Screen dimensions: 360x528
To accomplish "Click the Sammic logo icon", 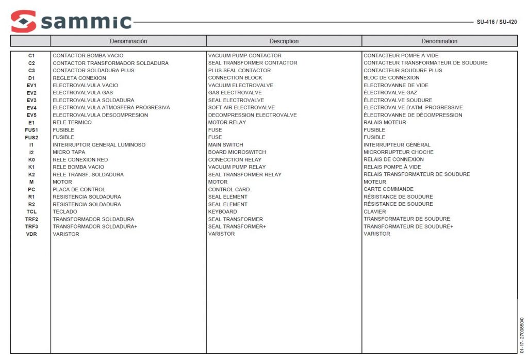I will [x=23, y=21].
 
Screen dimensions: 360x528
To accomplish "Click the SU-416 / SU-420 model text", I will [x=496, y=22].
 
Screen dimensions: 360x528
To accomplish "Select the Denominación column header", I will [x=128, y=41].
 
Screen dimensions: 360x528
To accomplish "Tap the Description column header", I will [x=284, y=41].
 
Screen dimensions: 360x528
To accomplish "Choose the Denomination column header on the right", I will [x=439, y=41].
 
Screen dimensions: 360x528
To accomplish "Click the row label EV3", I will [x=31, y=100].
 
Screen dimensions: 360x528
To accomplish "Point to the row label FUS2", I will [x=31, y=138].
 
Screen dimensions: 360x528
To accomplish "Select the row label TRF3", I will [x=31, y=226].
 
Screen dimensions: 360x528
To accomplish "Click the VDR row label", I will [x=31, y=234].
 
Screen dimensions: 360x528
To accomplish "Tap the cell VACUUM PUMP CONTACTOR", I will [x=245, y=56].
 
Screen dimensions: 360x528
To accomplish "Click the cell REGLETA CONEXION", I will [x=79, y=78].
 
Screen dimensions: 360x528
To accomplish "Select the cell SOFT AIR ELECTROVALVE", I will [x=241, y=108].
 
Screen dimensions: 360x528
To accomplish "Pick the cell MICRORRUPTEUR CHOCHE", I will [x=399, y=152].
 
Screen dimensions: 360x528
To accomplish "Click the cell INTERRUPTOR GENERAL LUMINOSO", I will [x=99, y=145].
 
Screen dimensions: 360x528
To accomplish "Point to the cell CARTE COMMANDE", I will [x=388, y=189].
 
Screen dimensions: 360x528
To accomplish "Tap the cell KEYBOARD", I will [x=223, y=211].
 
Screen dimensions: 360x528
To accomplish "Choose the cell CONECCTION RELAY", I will [x=235, y=160].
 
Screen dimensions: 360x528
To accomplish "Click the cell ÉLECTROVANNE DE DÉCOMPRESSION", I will [x=413, y=115].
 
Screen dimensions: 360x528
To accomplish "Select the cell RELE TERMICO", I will [x=72, y=123].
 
